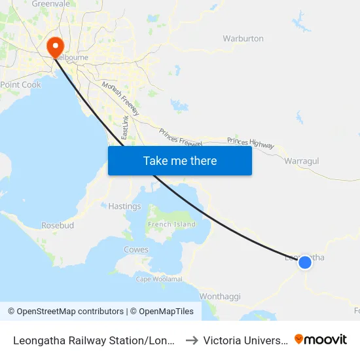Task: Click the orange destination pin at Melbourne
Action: pos(54,45)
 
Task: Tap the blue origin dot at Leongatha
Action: pos(305,262)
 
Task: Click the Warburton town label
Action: pos(243,39)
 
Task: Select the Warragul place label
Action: pos(302,160)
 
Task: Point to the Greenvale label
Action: pos(50,4)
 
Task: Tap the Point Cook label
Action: pos(21,85)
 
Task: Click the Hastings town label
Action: pos(124,206)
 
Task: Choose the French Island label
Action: pos(172,225)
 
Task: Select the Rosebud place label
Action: pos(58,225)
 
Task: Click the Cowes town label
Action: pos(136,250)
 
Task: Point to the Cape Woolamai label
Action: pos(159,279)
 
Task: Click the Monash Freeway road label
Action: pos(120,99)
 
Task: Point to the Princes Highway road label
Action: pos(251,142)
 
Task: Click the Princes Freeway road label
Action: pos(180,137)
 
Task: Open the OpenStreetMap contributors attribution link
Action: pos(70,312)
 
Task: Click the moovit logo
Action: pos(321,340)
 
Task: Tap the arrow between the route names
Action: pos(192,340)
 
